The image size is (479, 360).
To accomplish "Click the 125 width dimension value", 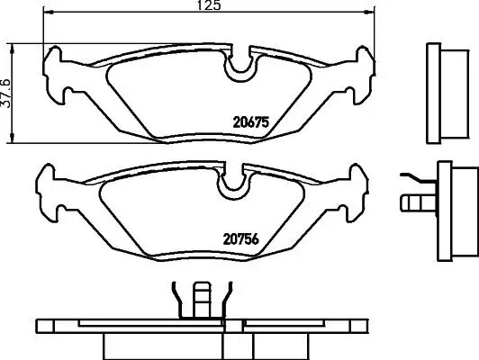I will click(x=208, y=5).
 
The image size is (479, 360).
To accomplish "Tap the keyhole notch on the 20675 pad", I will click(x=240, y=64).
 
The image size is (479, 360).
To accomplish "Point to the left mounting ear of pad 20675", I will click(x=57, y=79).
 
